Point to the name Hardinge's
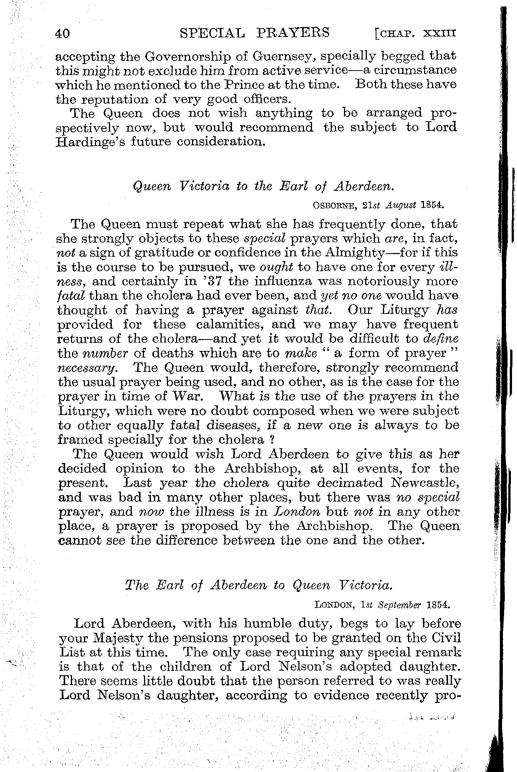(x=91, y=142)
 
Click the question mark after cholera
(x=273, y=440)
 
